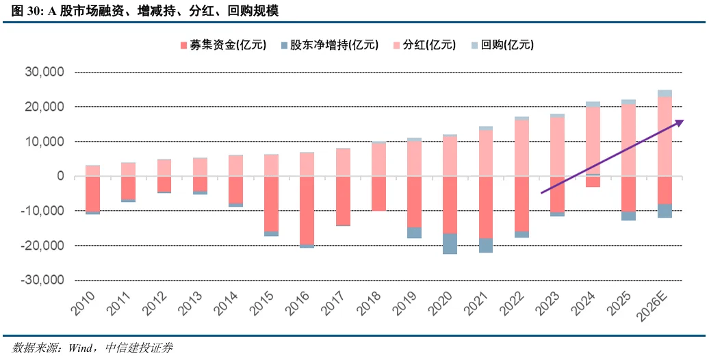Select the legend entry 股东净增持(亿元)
[x=328, y=45]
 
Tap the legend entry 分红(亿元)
[x=424, y=45]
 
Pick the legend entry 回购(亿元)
[x=502, y=45]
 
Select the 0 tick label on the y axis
[x=61, y=176]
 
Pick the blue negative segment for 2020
[x=450, y=244]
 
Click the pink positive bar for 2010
[x=92, y=170]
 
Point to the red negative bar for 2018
[x=378, y=193]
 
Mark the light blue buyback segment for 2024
[x=593, y=104]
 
